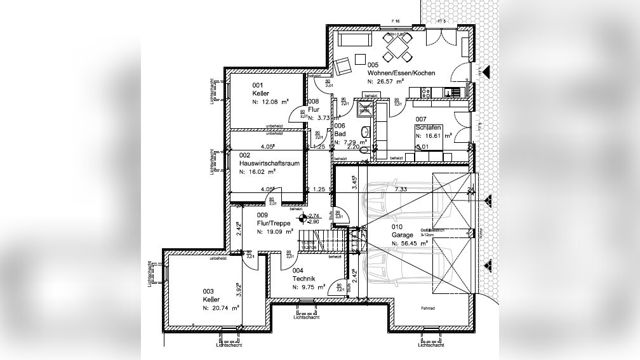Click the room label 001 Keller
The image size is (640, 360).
tap(257, 93)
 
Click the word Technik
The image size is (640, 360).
tap(303, 279)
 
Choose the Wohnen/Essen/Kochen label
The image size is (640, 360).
tap(401, 74)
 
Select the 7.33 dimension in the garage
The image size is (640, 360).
tap(400, 189)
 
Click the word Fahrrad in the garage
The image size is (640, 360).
tap(427, 309)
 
